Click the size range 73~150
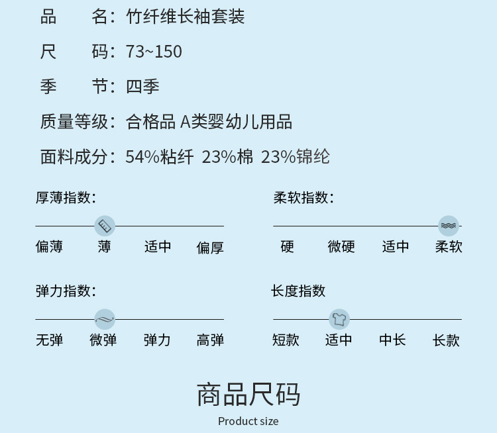click(154, 52)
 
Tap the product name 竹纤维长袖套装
click(185, 17)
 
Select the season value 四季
click(142, 86)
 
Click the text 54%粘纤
click(159, 157)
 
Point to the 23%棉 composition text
click(227, 157)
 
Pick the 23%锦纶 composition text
click(295, 157)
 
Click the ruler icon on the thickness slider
click(105, 226)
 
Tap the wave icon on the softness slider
click(449, 226)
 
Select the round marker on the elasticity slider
click(105, 319)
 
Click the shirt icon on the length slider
click(339, 319)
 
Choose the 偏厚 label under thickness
click(210, 248)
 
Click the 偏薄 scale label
click(49, 247)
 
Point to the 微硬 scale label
click(341, 247)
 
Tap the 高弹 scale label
click(210, 340)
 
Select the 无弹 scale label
click(49, 340)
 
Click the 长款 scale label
click(446, 340)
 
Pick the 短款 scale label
click(286, 340)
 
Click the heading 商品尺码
click(248, 395)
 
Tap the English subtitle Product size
click(248, 421)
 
